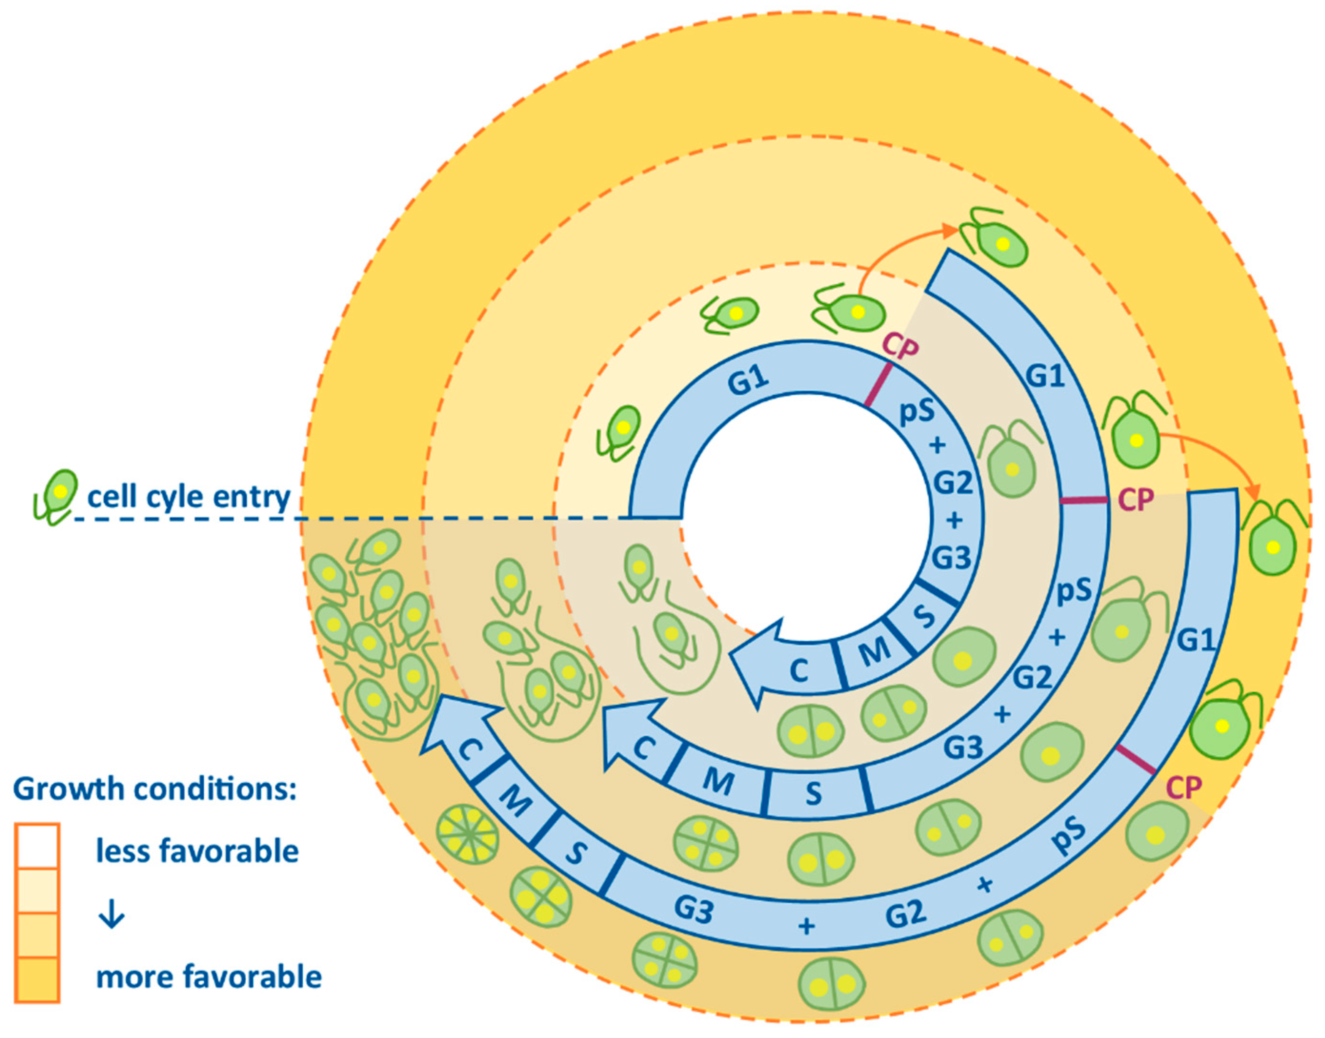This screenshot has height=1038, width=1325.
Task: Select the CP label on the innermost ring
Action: coord(900,349)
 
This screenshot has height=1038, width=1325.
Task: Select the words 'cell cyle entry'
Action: coord(189,497)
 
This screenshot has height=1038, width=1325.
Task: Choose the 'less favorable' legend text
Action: coord(198,851)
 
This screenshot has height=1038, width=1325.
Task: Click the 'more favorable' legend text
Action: coord(209,977)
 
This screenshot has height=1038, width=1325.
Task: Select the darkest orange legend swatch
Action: coord(37,979)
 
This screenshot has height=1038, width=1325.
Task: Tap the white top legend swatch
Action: coord(37,847)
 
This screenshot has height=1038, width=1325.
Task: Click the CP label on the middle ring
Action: coord(1136,499)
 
